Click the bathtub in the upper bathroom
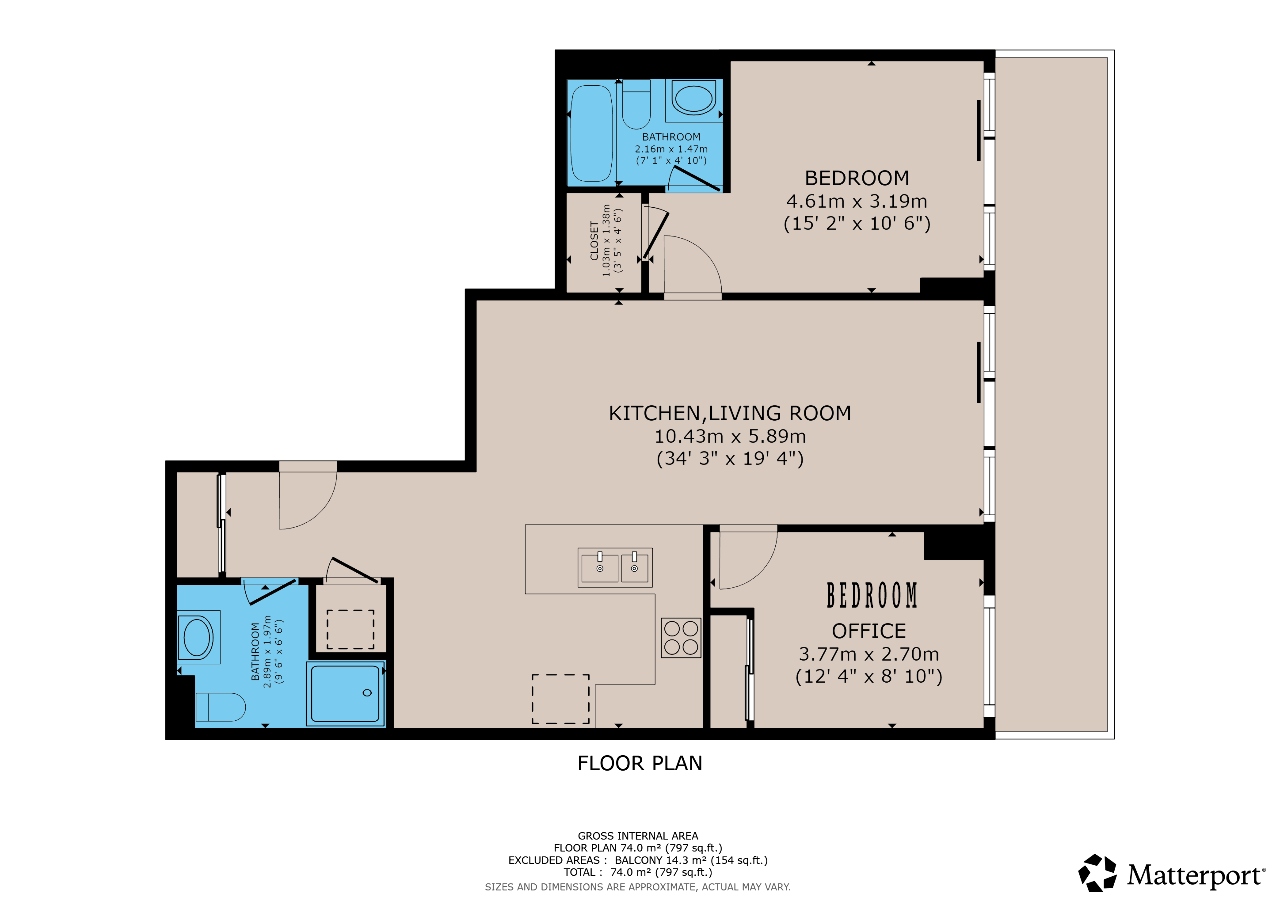pyautogui.click(x=592, y=133)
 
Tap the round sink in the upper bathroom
pyautogui.click(x=694, y=98)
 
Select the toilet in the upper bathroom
pyautogui.click(x=636, y=105)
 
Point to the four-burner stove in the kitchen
pyautogui.click(x=681, y=638)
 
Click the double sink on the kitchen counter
pyautogui.click(x=615, y=567)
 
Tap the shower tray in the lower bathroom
pyautogui.click(x=346, y=693)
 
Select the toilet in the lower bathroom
pyautogui.click(x=221, y=707)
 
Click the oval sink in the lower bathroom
pyautogui.click(x=198, y=637)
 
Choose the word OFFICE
pyautogui.click(x=869, y=631)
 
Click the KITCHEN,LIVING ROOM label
pyautogui.click(x=730, y=413)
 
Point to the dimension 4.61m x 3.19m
pyautogui.click(x=857, y=201)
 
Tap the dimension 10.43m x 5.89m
pyautogui.click(x=730, y=437)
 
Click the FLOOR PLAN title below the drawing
pyautogui.click(x=639, y=763)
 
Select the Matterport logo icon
pyautogui.click(x=1097, y=873)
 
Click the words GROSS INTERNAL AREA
pyautogui.click(x=638, y=836)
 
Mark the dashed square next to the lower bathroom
pyautogui.click(x=350, y=630)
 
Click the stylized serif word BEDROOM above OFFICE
pyautogui.click(x=872, y=595)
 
